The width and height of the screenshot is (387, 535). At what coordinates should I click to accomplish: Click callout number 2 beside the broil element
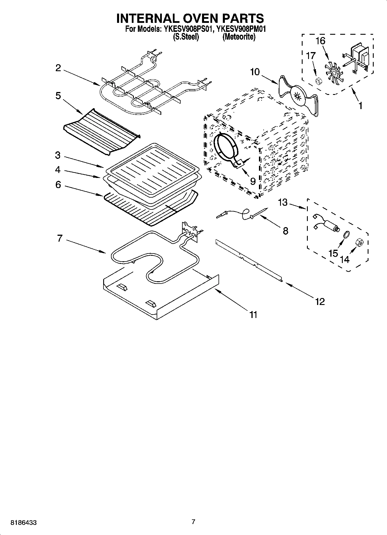(58, 68)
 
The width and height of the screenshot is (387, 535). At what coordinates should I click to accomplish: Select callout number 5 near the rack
(58, 96)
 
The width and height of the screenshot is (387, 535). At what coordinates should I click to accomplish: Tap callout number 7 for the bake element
(60, 239)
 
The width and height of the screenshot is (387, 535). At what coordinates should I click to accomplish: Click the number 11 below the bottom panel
(253, 315)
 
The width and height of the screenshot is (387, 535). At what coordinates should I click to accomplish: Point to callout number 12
(320, 301)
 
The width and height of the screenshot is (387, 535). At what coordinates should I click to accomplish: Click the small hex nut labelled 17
(317, 81)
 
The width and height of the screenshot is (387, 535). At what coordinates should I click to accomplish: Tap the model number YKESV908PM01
(241, 29)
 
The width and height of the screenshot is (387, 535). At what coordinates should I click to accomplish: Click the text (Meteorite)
(239, 37)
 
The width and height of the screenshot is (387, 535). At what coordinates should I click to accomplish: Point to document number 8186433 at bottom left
(23, 523)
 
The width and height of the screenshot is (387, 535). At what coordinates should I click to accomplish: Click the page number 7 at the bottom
(193, 522)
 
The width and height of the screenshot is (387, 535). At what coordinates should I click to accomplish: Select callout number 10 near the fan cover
(255, 72)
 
